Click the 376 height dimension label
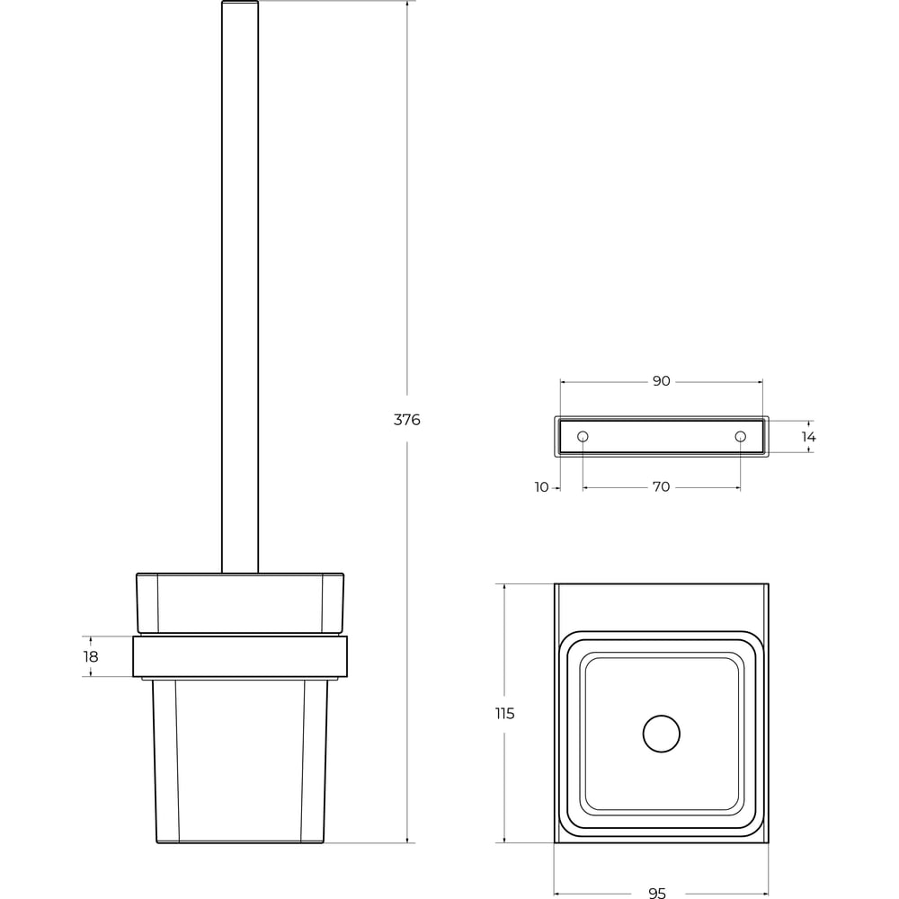coord(406,420)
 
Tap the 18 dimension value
coord(91,656)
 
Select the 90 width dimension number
coord(661,380)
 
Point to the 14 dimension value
coord(808,437)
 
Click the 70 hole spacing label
coord(661,486)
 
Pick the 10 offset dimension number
coord(541,486)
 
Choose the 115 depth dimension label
coord(504,713)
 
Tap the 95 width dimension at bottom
coord(657,893)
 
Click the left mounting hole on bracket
coord(583,437)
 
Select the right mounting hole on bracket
coord(740,437)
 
